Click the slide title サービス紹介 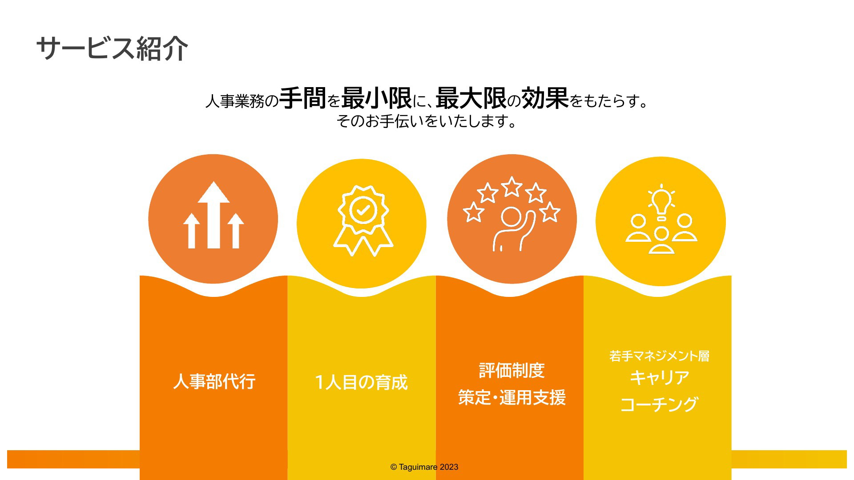[x=112, y=48]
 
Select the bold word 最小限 [x=376, y=98]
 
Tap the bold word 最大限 [x=471, y=98]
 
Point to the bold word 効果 [x=545, y=98]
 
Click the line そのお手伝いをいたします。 [x=427, y=121]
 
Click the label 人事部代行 [x=214, y=381]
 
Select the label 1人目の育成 [x=361, y=382]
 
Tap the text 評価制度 [x=512, y=370]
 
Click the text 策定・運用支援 [x=512, y=397]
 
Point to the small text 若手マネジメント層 [x=659, y=356]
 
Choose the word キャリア [x=659, y=378]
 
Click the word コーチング [x=659, y=404]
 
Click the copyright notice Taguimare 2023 [x=424, y=467]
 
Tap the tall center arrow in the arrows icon [x=213, y=215]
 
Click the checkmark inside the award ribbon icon [x=363, y=210]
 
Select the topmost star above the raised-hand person [x=512, y=186]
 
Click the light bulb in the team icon [x=661, y=203]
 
